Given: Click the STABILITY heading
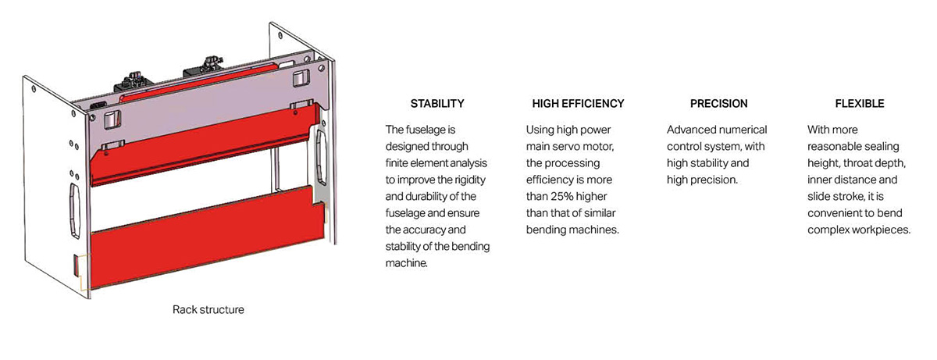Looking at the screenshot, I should [437, 103].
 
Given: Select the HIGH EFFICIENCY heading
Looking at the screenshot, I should [578, 103].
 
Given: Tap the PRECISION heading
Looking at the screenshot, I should [718, 103].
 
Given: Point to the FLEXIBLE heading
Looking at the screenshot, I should [859, 103].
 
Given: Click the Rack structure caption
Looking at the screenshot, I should [208, 310].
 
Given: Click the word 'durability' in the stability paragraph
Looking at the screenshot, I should [428, 197].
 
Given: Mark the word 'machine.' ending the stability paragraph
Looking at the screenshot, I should [408, 264].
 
